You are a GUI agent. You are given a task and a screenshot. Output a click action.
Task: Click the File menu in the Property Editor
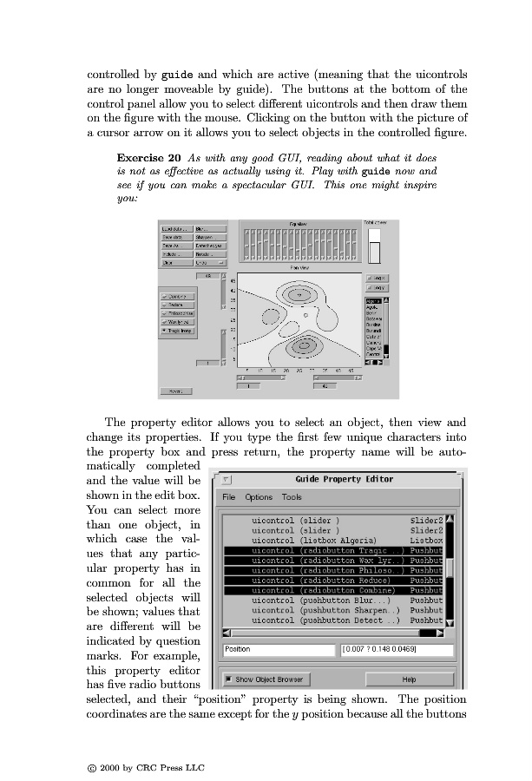[x=229, y=497]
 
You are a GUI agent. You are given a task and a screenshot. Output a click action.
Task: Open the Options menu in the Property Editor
[x=259, y=497]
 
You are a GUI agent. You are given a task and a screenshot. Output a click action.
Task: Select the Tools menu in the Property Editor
[x=292, y=497]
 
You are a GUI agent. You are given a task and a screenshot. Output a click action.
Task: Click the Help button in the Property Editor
[x=409, y=679]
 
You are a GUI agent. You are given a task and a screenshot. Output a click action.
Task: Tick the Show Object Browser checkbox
[x=228, y=679]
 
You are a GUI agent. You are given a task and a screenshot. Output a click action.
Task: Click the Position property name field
[x=278, y=649]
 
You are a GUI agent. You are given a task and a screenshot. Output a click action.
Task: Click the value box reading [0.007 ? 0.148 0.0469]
[x=397, y=649]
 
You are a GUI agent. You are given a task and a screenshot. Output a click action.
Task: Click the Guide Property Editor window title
[x=344, y=479]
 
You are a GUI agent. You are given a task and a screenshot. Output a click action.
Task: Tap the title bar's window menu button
[x=227, y=479]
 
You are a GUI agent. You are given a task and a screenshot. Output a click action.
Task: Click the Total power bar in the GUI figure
[x=375, y=247]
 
